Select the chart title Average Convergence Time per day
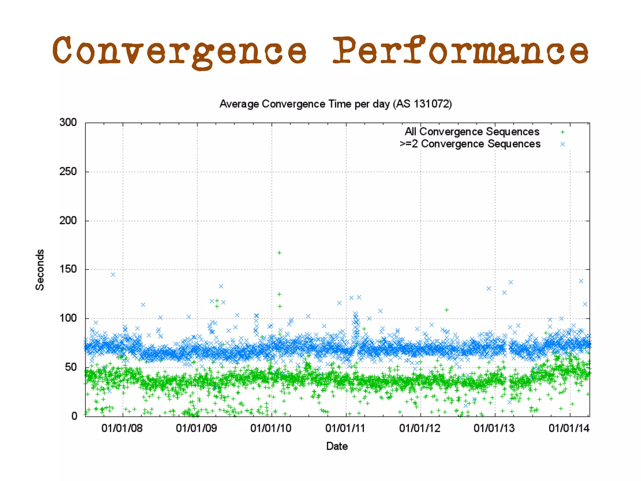(x=336, y=104)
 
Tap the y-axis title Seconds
(x=40, y=270)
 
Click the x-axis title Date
(x=337, y=446)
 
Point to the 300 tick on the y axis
(x=68, y=122)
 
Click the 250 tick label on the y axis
(x=68, y=171)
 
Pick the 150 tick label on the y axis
(x=68, y=269)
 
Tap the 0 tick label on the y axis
(x=74, y=416)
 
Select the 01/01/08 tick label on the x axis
(x=122, y=428)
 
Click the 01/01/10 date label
(x=271, y=428)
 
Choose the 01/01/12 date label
(x=420, y=428)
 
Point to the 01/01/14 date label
(x=569, y=428)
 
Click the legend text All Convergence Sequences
(x=472, y=132)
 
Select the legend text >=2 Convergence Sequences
(x=470, y=144)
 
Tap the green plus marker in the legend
(x=562, y=132)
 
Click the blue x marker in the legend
(x=562, y=144)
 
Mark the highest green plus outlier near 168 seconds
(x=279, y=253)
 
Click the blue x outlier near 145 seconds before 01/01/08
(x=113, y=275)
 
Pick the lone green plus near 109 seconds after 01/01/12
(x=447, y=310)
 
